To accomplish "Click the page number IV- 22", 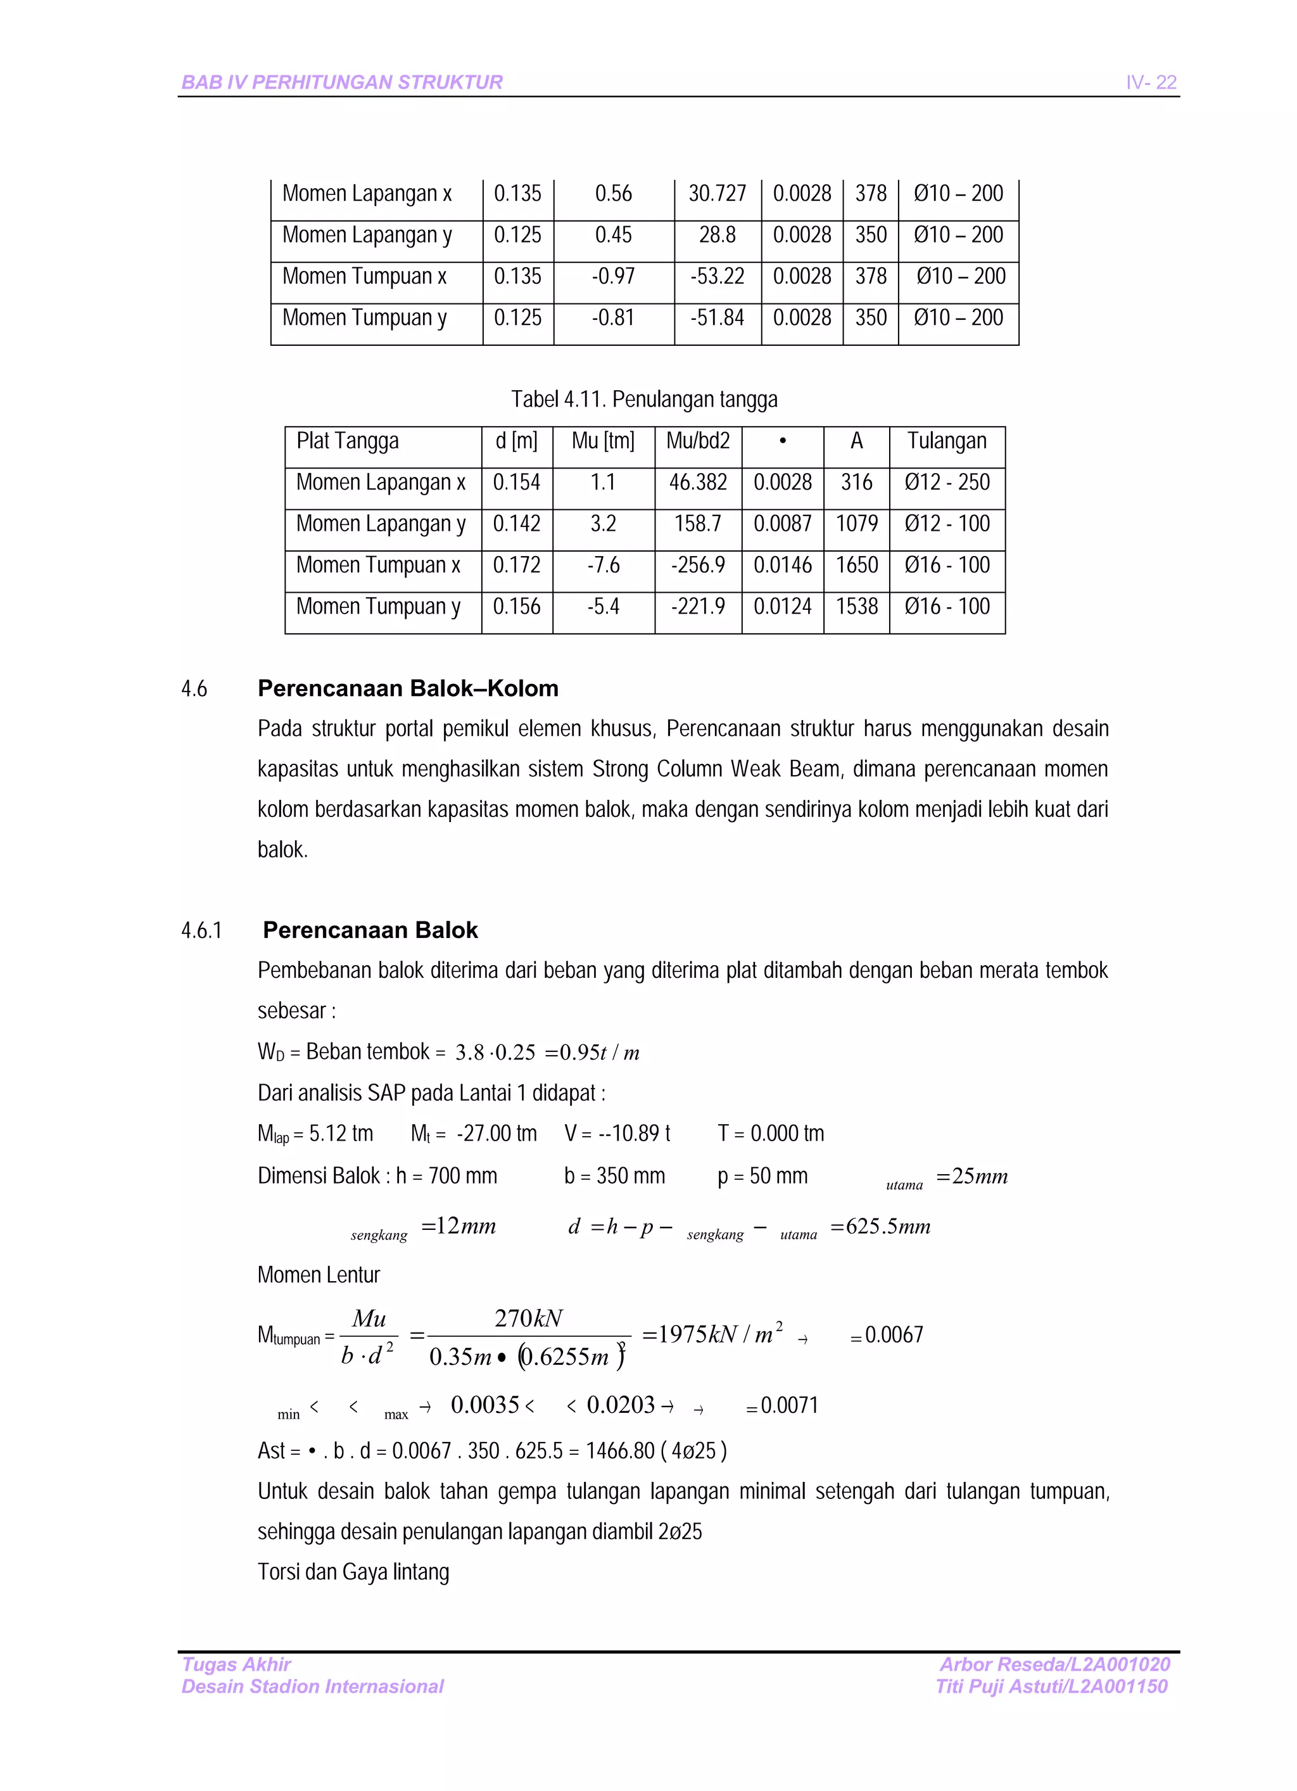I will pos(1150,82).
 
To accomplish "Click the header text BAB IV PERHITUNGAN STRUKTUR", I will pos(342,82).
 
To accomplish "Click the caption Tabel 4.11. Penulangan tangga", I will pos(644,400).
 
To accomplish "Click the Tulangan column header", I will pos(946,441).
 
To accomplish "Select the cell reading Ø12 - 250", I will pos(946,483).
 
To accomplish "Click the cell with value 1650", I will pos(856,566).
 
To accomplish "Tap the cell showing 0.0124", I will pos(782,607).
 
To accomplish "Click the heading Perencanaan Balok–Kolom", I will pos(408,688).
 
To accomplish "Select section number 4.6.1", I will pos(201,930).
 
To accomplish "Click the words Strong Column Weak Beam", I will pos(716,768).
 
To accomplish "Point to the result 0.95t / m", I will pos(598,1053).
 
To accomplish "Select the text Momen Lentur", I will pos(319,1275).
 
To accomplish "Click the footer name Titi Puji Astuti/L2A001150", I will pos(1051,1686).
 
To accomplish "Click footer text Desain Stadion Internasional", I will pos(312,1686).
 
